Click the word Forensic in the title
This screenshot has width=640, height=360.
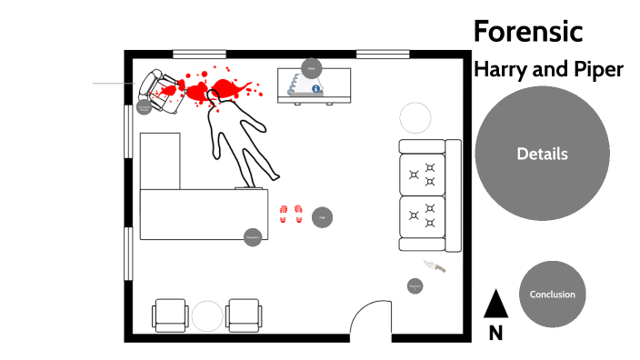527,32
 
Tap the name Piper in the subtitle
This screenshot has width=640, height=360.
597,70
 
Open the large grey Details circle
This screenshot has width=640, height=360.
542,154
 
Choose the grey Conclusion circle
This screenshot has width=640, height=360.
553,295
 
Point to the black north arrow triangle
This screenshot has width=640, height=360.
495,304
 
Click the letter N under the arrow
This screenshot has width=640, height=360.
495,333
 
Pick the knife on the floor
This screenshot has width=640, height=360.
435,266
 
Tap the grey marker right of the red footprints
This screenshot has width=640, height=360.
321,216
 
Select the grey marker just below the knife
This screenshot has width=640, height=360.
415,286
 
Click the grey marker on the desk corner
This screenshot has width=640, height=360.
253,237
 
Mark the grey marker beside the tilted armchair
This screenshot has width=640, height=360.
144,107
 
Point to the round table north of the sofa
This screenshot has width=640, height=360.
416,118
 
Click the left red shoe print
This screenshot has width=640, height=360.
285,214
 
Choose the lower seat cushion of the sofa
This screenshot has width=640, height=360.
423,223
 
